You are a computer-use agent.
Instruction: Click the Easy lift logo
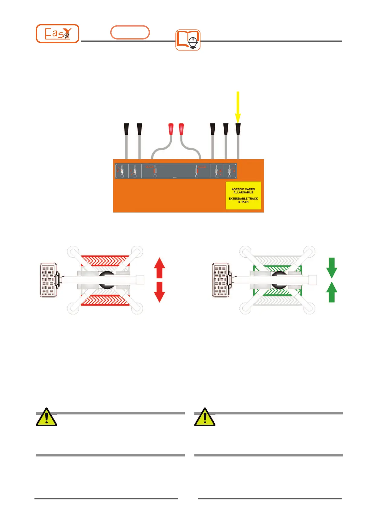(x=57, y=34)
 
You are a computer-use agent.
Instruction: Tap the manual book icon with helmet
(x=188, y=40)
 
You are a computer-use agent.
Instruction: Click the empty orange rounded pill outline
(x=130, y=32)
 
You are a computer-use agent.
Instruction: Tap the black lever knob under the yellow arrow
(x=238, y=129)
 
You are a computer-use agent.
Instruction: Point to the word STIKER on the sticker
(x=243, y=202)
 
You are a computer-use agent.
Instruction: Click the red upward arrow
(x=159, y=268)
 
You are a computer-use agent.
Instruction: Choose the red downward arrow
(x=159, y=292)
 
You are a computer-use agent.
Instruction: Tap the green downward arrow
(x=332, y=268)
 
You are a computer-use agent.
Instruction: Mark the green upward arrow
(x=332, y=292)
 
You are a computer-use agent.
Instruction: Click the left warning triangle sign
(x=46, y=417)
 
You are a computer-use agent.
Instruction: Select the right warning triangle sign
(x=205, y=417)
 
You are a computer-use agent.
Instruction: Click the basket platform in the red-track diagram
(x=48, y=280)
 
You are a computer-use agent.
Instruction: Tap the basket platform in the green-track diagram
(x=221, y=280)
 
